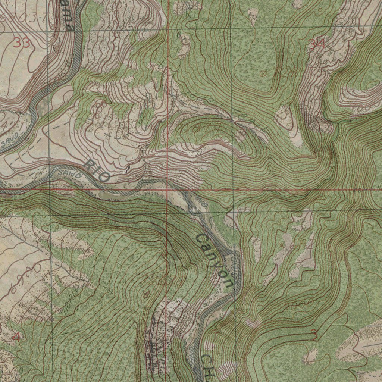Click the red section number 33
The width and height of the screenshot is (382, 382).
point(22,43)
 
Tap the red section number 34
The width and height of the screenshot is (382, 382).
point(317,44)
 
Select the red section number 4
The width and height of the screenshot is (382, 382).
point(16,338)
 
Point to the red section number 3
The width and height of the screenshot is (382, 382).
point(314,335)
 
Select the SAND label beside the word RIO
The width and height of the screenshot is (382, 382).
point(70,174)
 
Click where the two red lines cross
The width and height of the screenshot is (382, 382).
point(167,190)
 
